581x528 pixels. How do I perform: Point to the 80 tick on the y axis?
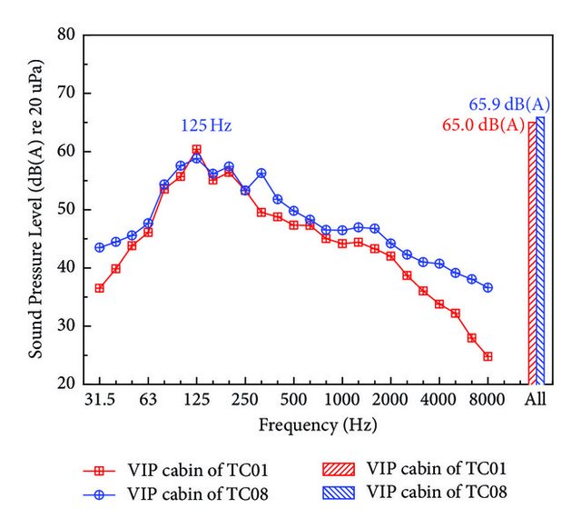point(65,35)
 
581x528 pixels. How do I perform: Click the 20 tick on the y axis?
point(65,384)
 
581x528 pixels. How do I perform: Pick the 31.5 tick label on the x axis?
point(99,402)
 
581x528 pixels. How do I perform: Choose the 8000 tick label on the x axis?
point(487,402)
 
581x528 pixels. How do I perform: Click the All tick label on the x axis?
point(537,402)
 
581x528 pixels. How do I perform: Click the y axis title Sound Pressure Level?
point(36,209)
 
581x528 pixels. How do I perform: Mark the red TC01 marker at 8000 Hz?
point(487,356)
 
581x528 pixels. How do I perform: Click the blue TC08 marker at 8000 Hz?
point(487,287)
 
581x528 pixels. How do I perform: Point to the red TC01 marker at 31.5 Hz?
point(99,288)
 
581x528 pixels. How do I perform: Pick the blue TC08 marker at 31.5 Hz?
point(99,247)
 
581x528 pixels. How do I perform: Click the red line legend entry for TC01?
point(101,470)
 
